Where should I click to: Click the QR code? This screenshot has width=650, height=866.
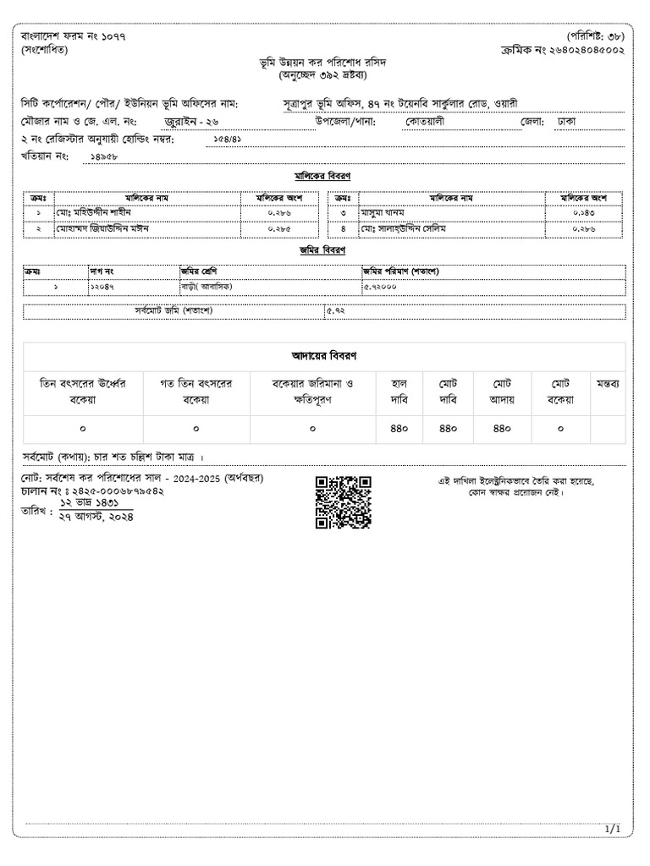click(x=343, y=502)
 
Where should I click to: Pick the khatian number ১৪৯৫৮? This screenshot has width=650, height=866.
click(x=103, y=157)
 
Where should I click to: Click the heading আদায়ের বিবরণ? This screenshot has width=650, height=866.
click(x=322, y=357)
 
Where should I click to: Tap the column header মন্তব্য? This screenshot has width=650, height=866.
click(x=608, y=383)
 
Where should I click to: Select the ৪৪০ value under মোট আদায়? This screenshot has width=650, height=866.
click(x=502, y=429)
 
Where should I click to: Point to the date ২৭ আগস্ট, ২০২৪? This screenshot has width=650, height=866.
click(x=96, y=516)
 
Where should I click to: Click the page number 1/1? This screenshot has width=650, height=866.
click(x=613, y=830)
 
